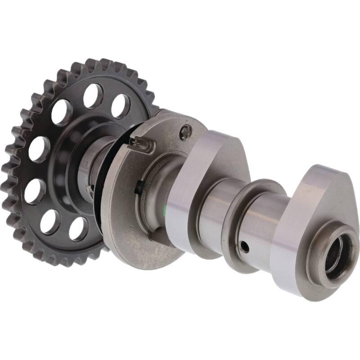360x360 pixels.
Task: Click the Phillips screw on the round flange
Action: pos(185,131)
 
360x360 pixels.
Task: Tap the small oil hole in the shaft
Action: pos(244,246)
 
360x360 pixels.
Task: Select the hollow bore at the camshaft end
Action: pos(336,254)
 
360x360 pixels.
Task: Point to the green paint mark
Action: pos(166,208)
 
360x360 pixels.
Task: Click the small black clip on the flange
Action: pos(140,185)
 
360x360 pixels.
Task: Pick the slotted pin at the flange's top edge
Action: pos(141,144)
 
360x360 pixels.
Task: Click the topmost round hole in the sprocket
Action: pos(93,95)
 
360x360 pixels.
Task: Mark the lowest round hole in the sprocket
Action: pos(78,229)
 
